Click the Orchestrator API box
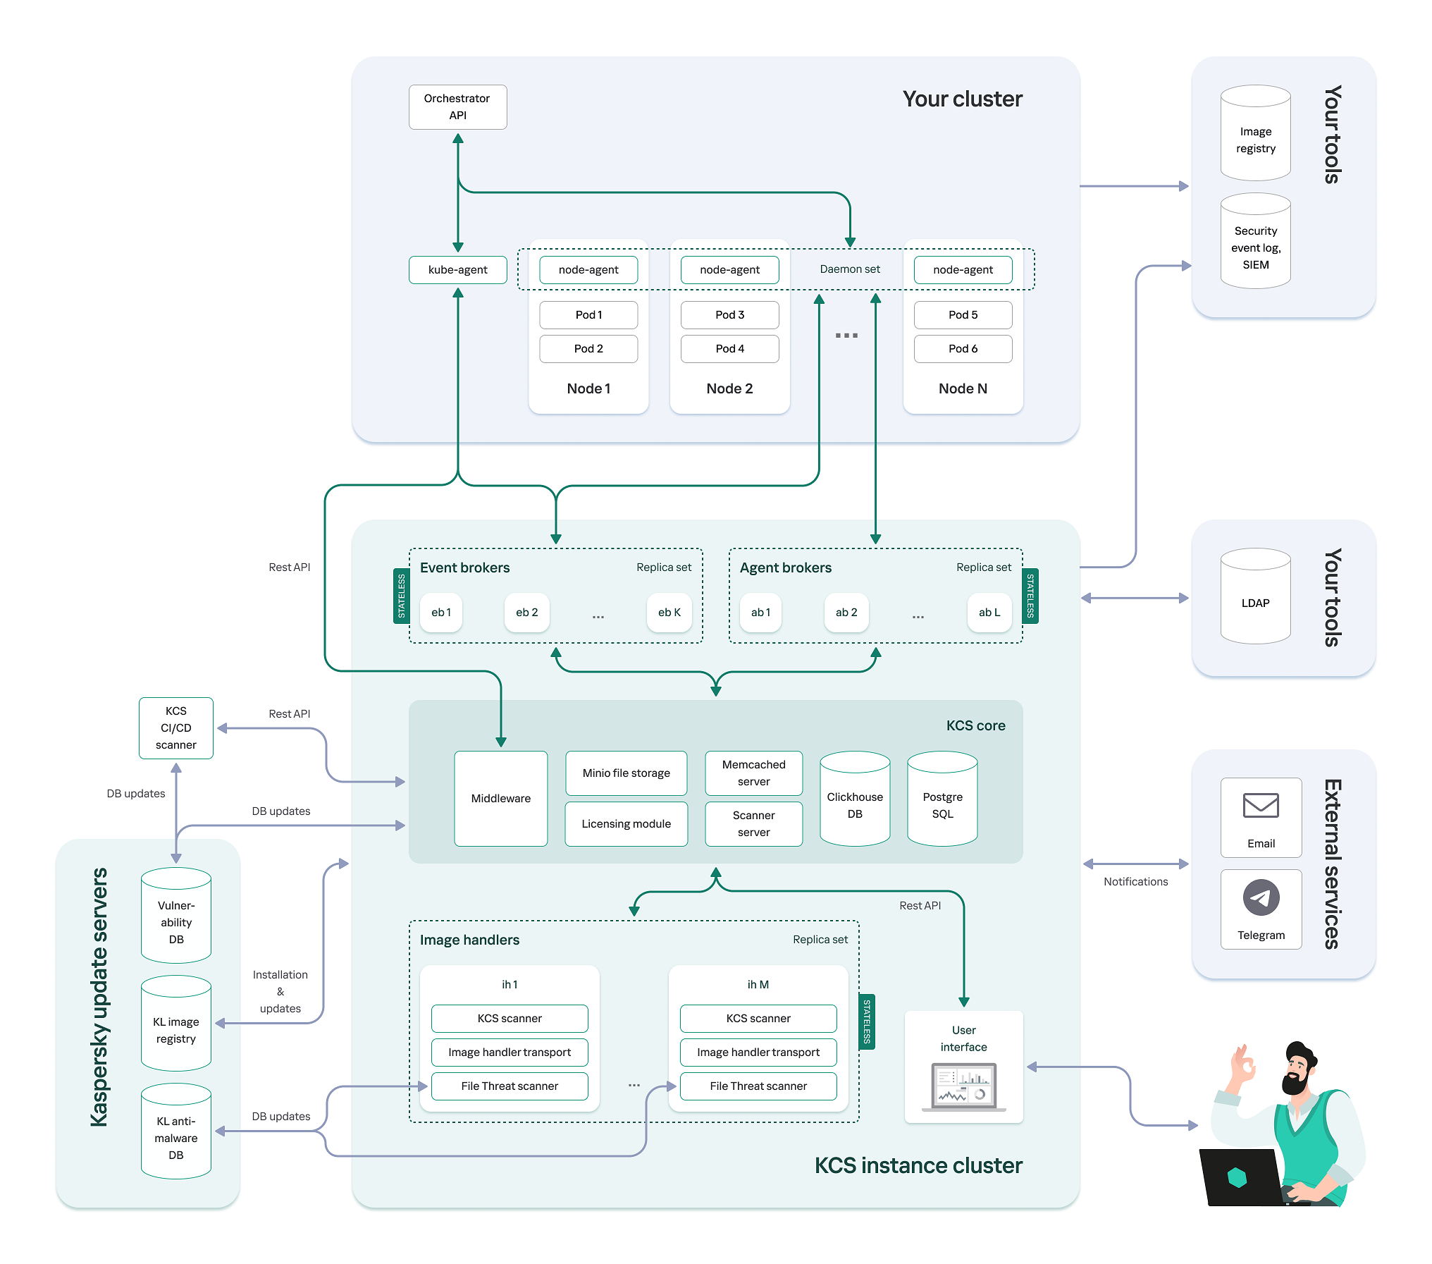pyautogui.click(x=457, y=107)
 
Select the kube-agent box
pyautogui.click(x=457, y=269)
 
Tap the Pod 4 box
pyautogui.click(x=729, y=348)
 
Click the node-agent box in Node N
pyautogui.click(x=963, y=269)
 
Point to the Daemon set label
pyautogui.click(x=849, y=269)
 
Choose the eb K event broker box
pyautogui.click(x=669, y=612)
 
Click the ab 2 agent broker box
pyautogui.click(x=846, y=612)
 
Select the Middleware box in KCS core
pyautogui.click(x=500, y=798)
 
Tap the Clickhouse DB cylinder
pyautogui.click(x=854, y=804)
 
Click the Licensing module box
pyautogui.click(x=626, y=823)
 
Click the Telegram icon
pyautogui.click(x=1261, y=897)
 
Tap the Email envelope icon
pyautogui.click(x=1261, y=805)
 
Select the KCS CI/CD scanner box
pyautogui.click(x=176, y=728)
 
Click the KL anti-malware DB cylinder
pyautogui.click(x=176, y=1135)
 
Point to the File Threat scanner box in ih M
pyautogui.click(x=758, y=1086)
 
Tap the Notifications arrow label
pyautogui.click(x=1135, y=881)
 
